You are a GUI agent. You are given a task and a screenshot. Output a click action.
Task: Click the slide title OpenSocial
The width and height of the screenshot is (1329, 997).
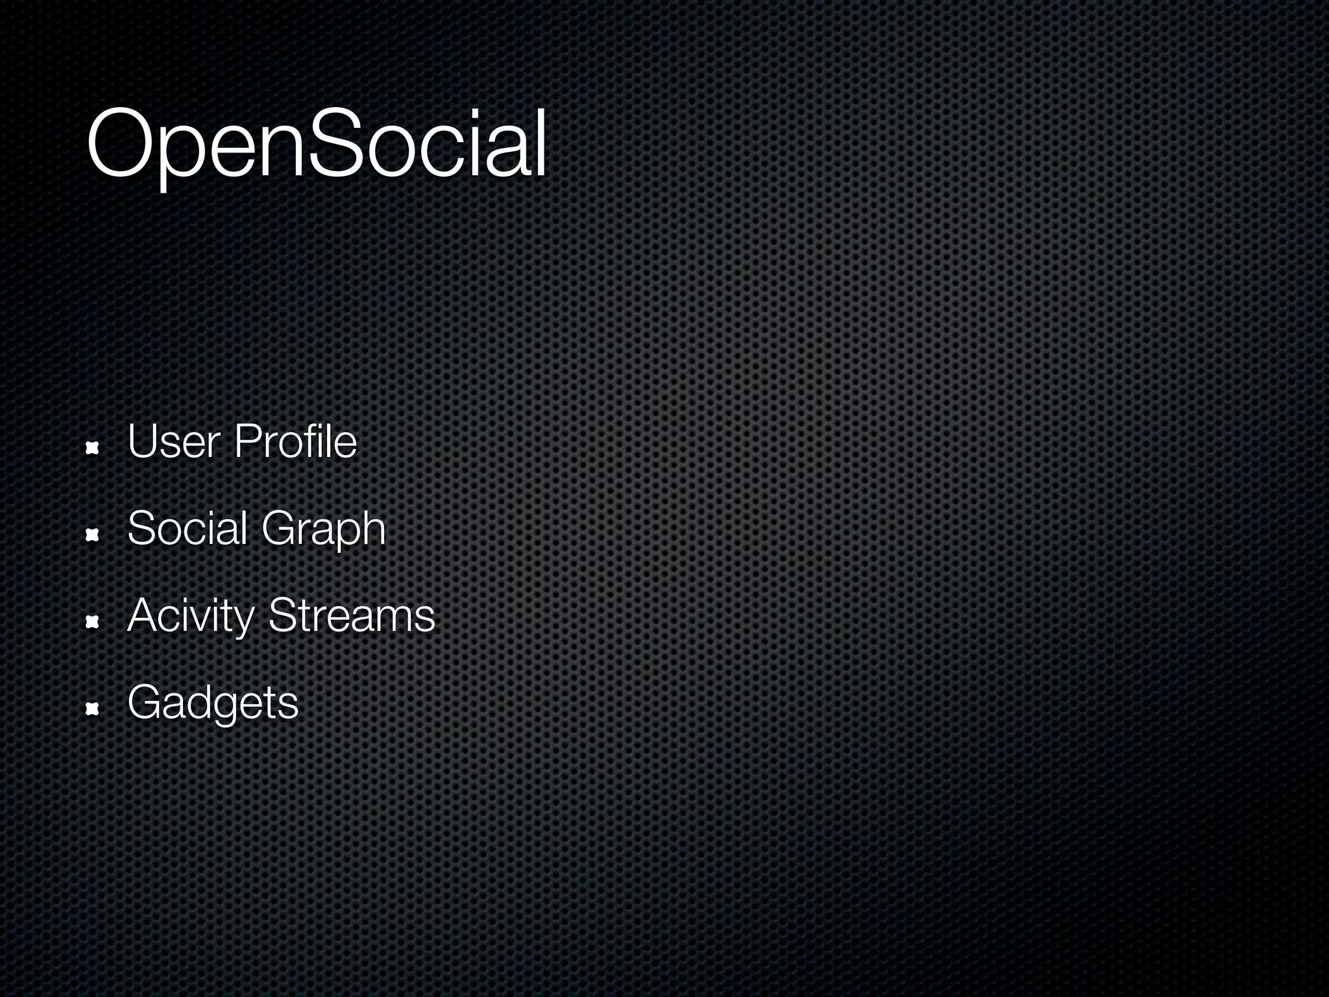pyautogui.click(x=317, y=144)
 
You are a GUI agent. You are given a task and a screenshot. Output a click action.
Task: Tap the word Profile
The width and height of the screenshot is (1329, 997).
pyautogui.click(x=295, y=441)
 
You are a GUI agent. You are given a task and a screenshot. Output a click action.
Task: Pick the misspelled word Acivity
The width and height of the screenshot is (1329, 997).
pyautogui.click(x=190, y=616)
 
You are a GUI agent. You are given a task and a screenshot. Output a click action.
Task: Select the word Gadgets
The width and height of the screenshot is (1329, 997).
pyautogui.click(x=213, y=703)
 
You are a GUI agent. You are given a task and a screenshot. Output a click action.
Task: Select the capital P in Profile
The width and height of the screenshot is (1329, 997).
pyautogui.click(x=246, y=441)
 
